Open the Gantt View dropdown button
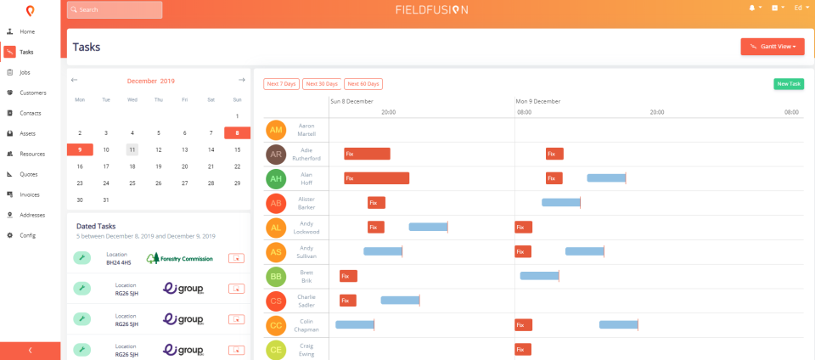click(x=772, y=47)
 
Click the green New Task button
click(x=788, y=84)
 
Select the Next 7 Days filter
click(x=281, y=84)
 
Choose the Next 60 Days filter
click(x=363, y=84)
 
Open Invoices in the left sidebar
click(x=30, y=194)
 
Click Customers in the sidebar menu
click(x=32, y=93)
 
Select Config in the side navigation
click(x=27, y=235)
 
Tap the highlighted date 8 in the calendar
click(x=237, y=132)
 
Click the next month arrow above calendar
click(x=242, y=81)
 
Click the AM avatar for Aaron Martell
click(x=276, y=130)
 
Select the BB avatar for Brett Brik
click(x=276, y=277)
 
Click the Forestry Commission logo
click(x=179, y=258)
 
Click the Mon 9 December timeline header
click(x=538, y=101)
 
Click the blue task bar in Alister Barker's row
click(x=560, y=202)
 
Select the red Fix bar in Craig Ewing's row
click(x=523, y=349)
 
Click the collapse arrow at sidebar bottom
click(x=30, y=350)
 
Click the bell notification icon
click(x=751, y=8)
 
